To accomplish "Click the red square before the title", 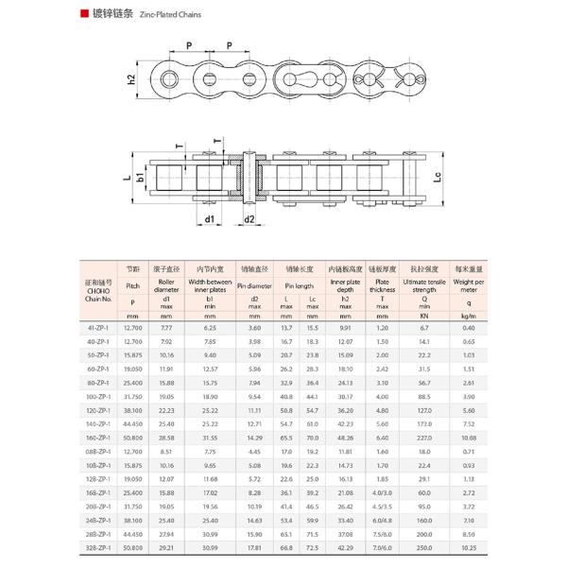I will pyautogui.click(x=85, y=16).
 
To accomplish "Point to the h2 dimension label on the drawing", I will pyautogui.click(x=131, y=79).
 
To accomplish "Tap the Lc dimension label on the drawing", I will pyautogui.click(x=438, y=176).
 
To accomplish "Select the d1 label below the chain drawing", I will pyautogui.click(x=209, y=219).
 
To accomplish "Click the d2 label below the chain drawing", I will pyautogui.click(x=250, y=219).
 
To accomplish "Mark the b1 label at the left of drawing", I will pyautogui.click(x=139, y=176).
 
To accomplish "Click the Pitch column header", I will pyautogui.click(x=132, y=284).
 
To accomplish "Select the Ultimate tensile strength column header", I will pyautogui.click(x=425, y=284).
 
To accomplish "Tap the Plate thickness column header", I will pyautogui.click(x=382, y=284).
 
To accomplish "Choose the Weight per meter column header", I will pyautogui.click(x=469, y=284).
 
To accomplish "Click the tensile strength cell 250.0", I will pyautogui.click(x=425, y=548).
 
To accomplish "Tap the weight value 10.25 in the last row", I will pyautogui.click(x=469, y=548).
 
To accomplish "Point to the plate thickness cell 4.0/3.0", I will pyautogui.click(x=382, y=492).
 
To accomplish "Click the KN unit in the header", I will pyautogui.click(x=425, y=316).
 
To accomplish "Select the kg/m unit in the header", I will pyautogui.click(x=469, y=316).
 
